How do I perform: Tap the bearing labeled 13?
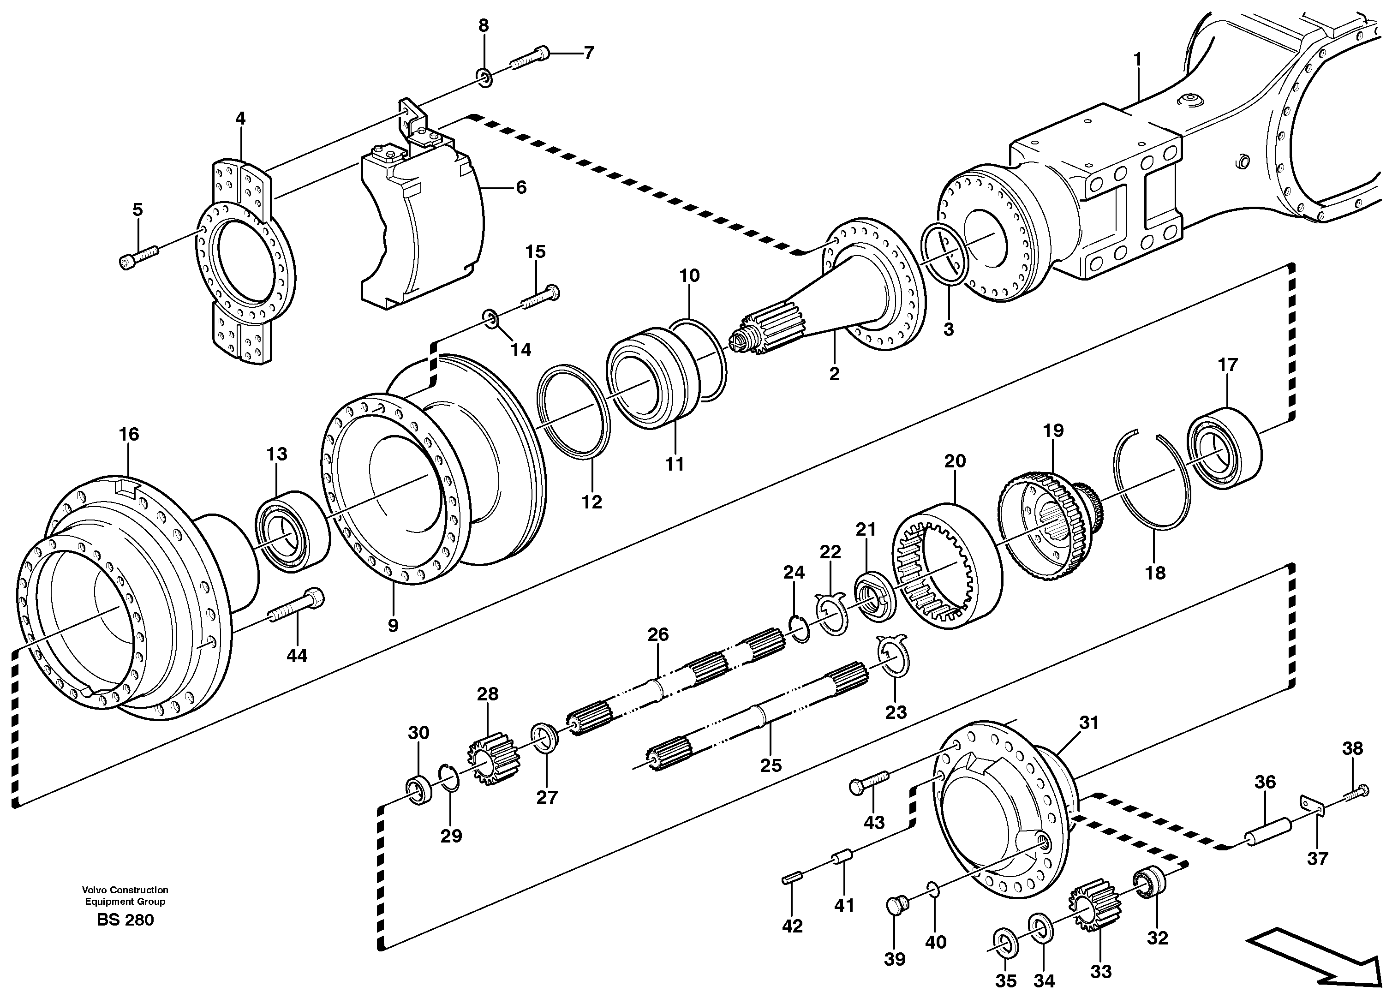(292, 532)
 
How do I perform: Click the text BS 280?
(125, 920)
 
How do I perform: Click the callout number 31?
(1089, 723)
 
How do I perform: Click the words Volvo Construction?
(125, 889)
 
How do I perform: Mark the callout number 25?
(771, 765)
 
